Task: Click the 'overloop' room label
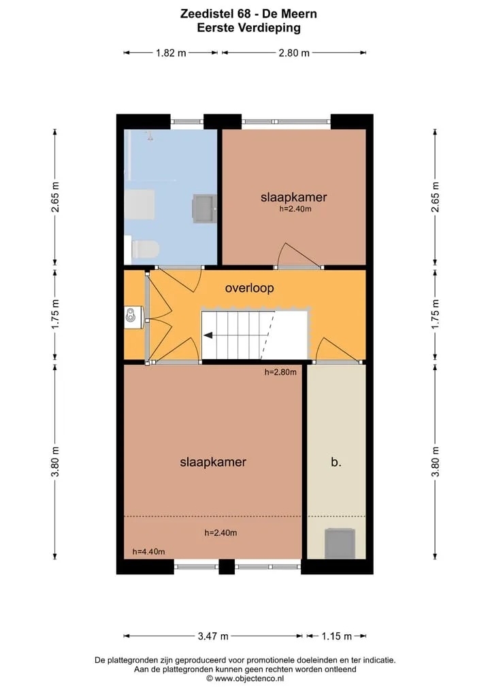[x=249, y=289]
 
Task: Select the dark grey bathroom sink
[x=204, y=208]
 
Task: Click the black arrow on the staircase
[x=208, y=335]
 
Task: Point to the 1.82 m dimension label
[x=171, y=53]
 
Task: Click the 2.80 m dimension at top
[x=294, y=53]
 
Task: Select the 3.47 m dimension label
[x=213, y=636]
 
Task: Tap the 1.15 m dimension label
[x=336, y=636]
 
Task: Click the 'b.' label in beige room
[x=336, y=461]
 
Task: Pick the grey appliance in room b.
[x=340, y=543]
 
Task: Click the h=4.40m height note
[x=149, y=552]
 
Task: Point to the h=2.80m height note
[x=281, y=372]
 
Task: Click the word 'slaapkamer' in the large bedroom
[x=213, y=462]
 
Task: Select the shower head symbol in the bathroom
[x=150, y=135]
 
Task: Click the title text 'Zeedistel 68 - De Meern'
[x=248, y=14]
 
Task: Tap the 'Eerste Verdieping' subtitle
[x=248, y=28]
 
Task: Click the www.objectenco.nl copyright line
[x=246, y=678]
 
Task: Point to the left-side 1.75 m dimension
[x=55, y=314]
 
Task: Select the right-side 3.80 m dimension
[x=436, y=461]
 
